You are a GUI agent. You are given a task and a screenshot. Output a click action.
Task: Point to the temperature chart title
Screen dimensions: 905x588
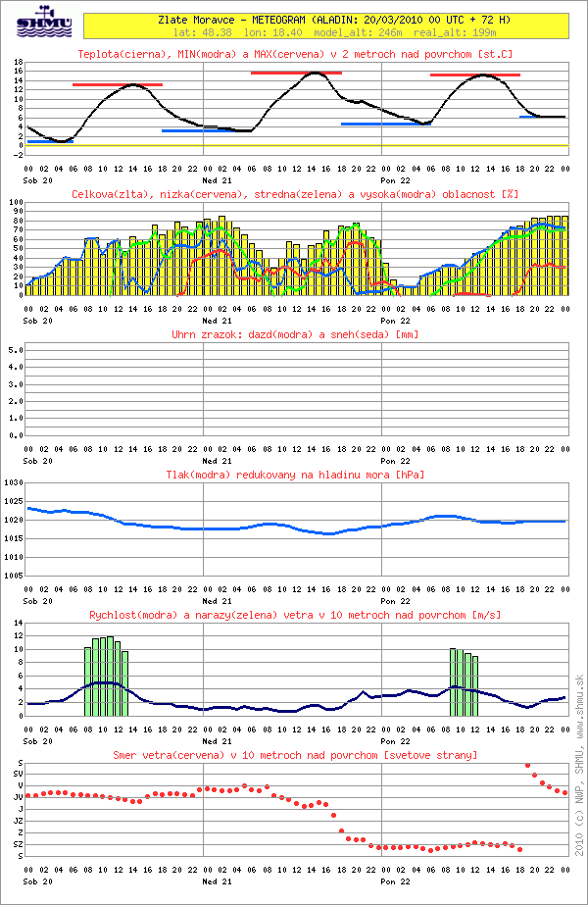295,53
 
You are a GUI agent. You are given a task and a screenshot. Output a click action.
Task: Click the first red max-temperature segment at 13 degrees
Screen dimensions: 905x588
118,85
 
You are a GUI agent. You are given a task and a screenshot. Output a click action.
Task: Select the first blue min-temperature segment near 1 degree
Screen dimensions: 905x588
50,141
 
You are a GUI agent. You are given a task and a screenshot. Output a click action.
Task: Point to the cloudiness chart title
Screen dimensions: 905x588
295,194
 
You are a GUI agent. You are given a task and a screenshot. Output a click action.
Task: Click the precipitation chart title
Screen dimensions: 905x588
295,334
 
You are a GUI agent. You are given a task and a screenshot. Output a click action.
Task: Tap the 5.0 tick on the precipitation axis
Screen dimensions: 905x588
14,348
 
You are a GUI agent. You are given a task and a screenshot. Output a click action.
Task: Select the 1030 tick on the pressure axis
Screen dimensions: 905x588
12,483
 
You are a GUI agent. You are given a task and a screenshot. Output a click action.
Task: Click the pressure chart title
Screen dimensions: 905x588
295,475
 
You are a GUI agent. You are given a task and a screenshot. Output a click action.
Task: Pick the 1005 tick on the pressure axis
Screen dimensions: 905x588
12,576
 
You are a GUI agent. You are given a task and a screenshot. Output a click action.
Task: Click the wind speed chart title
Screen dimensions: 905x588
295,615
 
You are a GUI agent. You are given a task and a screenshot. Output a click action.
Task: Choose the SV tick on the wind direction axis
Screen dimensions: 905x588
17,774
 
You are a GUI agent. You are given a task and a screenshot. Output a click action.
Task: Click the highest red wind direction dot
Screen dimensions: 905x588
527,766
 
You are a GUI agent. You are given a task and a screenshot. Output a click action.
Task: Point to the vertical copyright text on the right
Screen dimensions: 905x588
578,765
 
